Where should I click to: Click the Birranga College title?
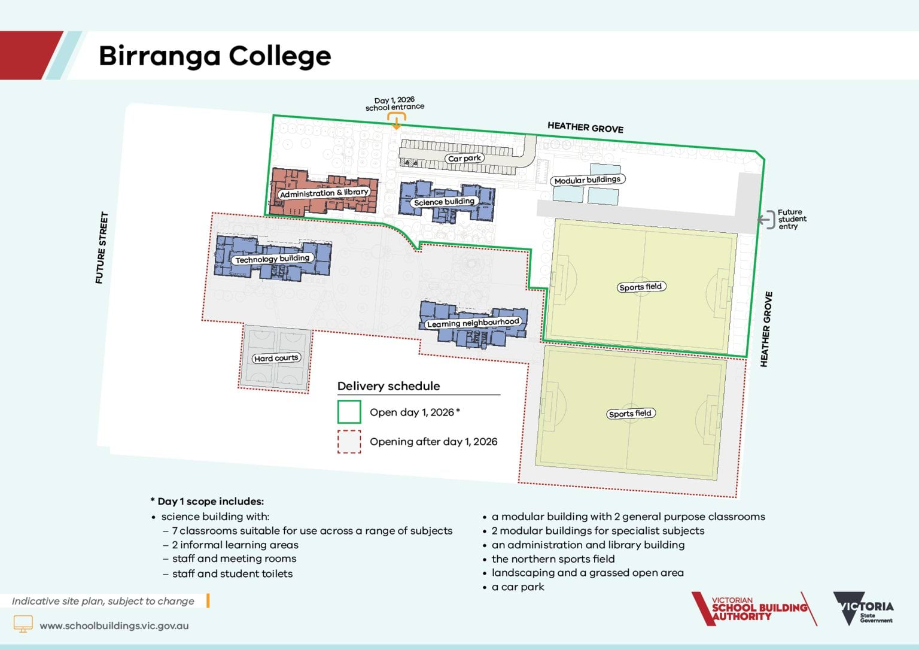click(x=214, y=56)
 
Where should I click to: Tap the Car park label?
click(x=465, y=159)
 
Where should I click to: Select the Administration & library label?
click(x=324, y=193)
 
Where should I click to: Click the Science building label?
click(x=444, y=202)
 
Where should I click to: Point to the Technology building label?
click(x=272, y=259)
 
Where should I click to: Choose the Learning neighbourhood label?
click(x=473, y=323)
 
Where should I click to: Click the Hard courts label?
click(x=276, y=358)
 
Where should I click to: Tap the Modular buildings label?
click(x=587, y=180)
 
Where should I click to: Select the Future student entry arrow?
click(x=765, y=220)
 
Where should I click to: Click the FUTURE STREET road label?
click(x=102, y=248)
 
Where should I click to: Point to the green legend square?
click(x=349, y=412)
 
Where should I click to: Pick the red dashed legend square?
click(x=349, y=442)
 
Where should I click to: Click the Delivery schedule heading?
click(x=388, y=386)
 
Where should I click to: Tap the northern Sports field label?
click(x=640, y=287)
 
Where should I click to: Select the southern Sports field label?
click(x=629, y=413)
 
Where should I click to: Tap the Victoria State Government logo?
click(x=863, y=609)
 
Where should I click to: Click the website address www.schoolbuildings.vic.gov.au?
click(x=114, y=625)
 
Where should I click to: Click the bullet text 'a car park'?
click(x=518, y=587)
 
